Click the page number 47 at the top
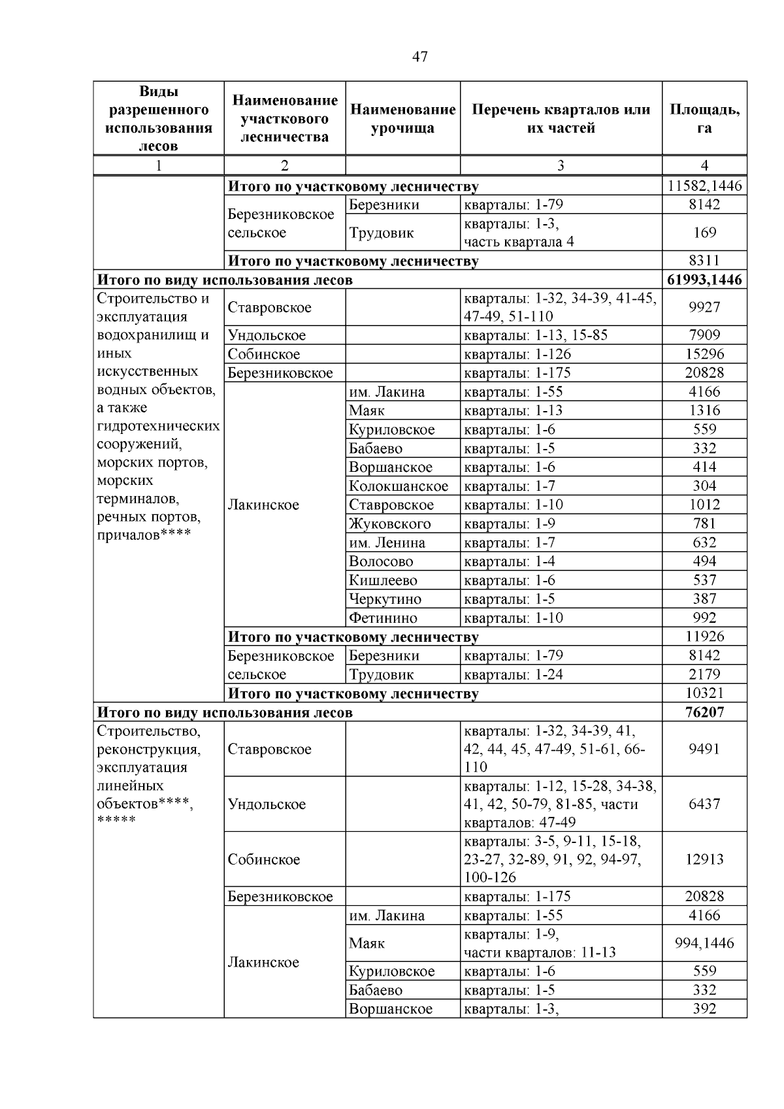click(420, 57)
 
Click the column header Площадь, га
click(704, 118)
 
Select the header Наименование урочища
click(402, 118)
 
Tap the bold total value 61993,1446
click(704, 280)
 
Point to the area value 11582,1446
click(704, 186)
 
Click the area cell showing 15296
click(704, 354)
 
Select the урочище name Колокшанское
click(399, 486)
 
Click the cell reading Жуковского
click(390, 524)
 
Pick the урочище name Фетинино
click(383, 618)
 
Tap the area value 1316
click(704, 410)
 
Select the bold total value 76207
click(704, 712)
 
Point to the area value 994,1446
click(704, 943)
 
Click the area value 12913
click(704, 859)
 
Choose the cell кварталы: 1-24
click(513, 674)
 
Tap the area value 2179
click(704, 674)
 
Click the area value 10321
click(704, 693)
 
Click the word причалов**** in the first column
click(144, 535)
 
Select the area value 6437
click(704, 804)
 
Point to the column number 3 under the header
click(561, 165)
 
